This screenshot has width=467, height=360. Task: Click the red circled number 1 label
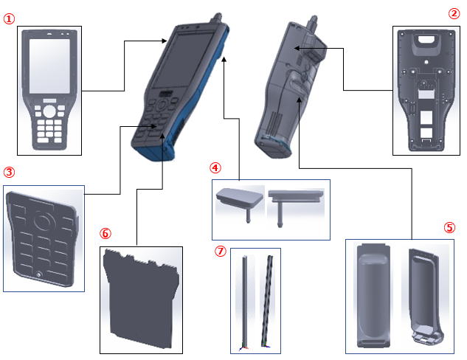(9, 18)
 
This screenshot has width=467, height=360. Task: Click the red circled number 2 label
(454, 13)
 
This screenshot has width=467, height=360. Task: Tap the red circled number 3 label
(9, 172)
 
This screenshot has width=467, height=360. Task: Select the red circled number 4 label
(215, 167)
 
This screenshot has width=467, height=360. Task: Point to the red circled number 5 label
(450, 227)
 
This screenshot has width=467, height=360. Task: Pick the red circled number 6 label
(105, 233)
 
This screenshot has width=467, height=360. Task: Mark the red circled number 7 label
(221, 251)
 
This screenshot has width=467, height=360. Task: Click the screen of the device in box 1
(49, 66)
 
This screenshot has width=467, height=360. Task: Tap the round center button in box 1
(49, 111)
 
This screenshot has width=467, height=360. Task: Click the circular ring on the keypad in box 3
(44, 221)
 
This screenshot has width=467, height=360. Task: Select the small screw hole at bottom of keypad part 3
(38, 274)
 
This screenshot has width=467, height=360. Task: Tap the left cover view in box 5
(373, 296)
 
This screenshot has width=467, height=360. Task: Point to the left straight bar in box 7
(244, 301)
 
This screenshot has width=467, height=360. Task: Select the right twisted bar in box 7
(267, 300)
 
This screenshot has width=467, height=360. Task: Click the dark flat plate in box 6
(141, 299)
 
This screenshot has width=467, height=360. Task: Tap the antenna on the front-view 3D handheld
(216, 18)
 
